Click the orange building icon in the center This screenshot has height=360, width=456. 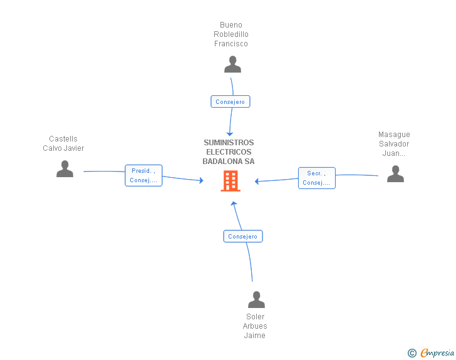[230, 181]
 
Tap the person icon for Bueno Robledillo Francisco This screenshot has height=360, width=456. [232, 64]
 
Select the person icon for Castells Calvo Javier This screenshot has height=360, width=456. [65, 169]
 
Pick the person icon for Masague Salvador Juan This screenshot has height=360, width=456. [395, 173]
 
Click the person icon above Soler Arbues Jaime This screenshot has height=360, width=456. [256, 300]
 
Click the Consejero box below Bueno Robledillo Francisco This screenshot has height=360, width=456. [231, 101]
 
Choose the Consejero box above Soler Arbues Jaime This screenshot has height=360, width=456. [243, 236]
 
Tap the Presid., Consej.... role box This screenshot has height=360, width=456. [143, 175]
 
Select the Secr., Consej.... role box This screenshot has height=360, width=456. [316, 178]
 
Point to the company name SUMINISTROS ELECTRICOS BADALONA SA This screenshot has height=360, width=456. [229, 152]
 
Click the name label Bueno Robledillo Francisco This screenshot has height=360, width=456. [231, 34]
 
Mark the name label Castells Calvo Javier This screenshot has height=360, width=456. [63, 143]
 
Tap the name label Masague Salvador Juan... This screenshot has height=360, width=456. [394, 143]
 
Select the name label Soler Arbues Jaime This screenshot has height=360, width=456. [255, 326]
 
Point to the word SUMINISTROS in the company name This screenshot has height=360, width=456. [229, 143]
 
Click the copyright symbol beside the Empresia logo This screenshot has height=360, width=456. [412, 353]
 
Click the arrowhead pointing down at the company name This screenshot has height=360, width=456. [230, 134]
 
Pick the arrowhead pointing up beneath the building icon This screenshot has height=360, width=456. [233, 203]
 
